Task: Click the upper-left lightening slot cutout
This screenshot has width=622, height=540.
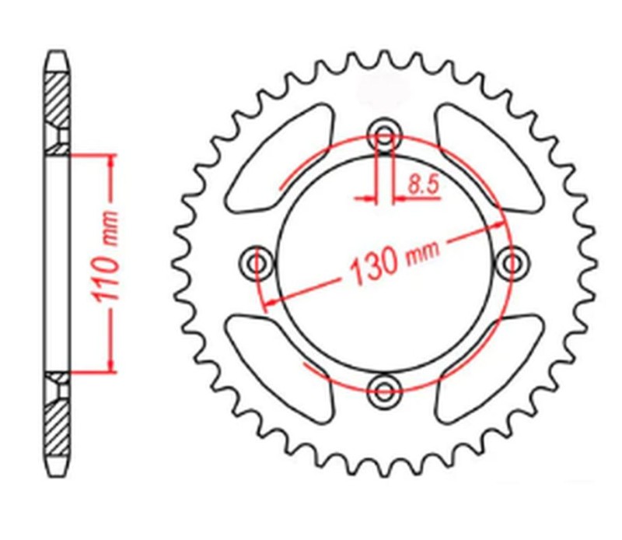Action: [x=276, y=156]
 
